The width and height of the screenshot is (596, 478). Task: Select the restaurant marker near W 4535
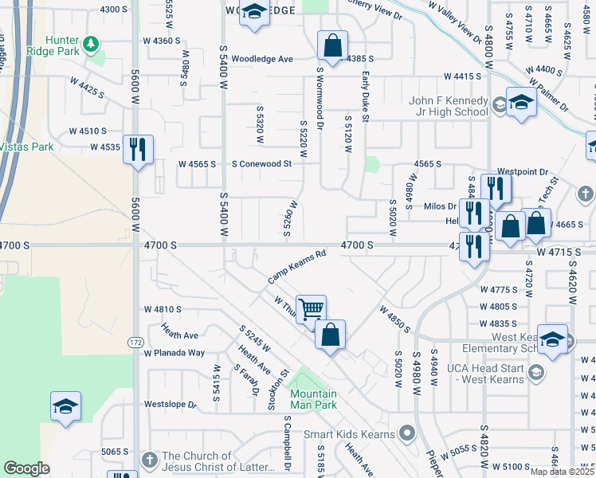[x=138, y=148]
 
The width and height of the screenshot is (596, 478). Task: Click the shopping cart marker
[x=311, y=308]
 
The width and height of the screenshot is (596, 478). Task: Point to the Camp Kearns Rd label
[x=297, y=267]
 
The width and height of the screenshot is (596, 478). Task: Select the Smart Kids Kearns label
[x=349, y=434]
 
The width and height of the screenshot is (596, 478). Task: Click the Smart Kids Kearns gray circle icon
[x=408, y=434]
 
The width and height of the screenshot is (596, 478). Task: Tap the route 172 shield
[x=135, y=343]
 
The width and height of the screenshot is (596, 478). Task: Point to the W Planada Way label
[x=174, y=353]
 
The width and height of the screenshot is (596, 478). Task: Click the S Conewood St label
[x=262, y=164]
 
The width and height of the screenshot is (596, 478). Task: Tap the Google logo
[x=26, y=468]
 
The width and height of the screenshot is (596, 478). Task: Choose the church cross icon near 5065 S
[x=149, y=460]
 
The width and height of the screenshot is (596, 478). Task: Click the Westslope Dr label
[x=170, y=405]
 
